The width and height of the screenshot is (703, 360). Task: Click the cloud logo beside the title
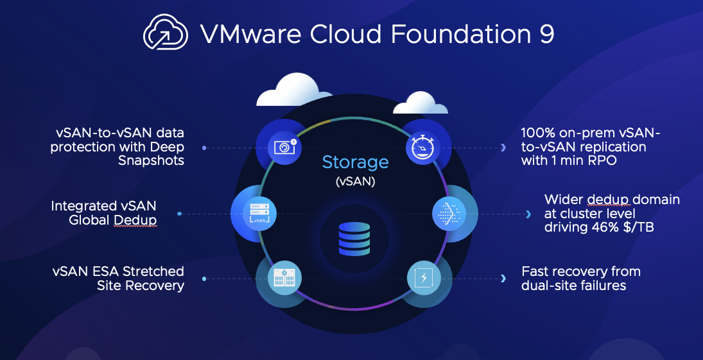(166, 32)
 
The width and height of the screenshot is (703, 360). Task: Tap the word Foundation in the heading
(456, 34)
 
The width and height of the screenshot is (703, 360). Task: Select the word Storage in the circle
(355, 162)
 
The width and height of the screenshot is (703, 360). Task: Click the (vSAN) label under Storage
(355, 182)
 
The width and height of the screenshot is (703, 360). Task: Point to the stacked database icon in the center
(354, 238)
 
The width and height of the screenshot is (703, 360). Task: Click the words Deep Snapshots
(151, 154)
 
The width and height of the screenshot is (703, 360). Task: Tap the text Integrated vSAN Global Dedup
(104, 214)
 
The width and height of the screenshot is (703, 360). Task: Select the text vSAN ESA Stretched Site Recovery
(119, 279)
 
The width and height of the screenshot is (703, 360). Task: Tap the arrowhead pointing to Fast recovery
(503, 279)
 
